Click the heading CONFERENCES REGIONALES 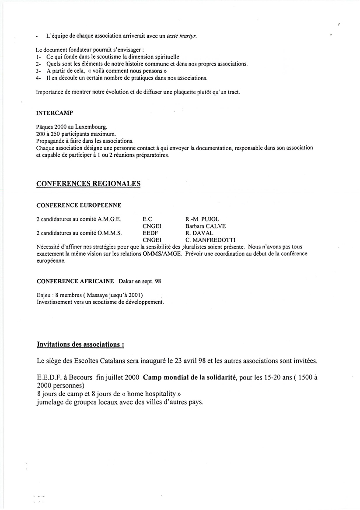click(x=88, y=184)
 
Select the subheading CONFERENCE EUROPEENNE click(x=79, y=205)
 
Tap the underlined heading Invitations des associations click(x=80, y=345)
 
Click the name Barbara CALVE click(x=206, y=226)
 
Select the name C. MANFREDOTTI click(x=210, y=240)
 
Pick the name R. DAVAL click(x=199, y=233)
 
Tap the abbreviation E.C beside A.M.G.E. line click(x=147, y=219)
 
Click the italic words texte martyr click(x=182, y=36)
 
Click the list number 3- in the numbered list click(x=38, y=71)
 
